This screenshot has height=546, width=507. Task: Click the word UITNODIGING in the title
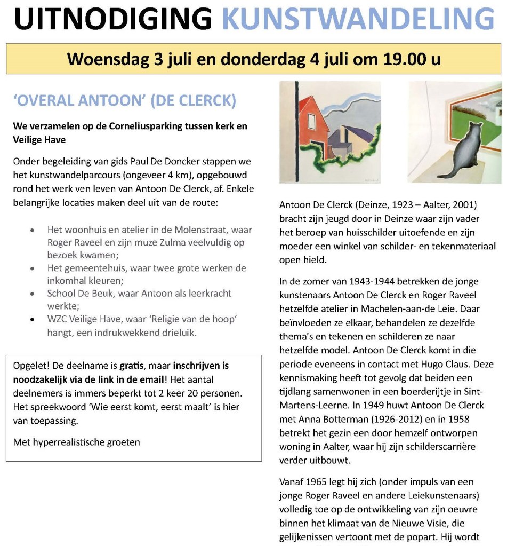click(113, 19)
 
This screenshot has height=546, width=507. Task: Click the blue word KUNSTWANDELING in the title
click(358, 19)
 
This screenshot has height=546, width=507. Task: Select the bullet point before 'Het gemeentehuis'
click(34, 268)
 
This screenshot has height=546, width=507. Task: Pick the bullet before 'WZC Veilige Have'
click(34, 320)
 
